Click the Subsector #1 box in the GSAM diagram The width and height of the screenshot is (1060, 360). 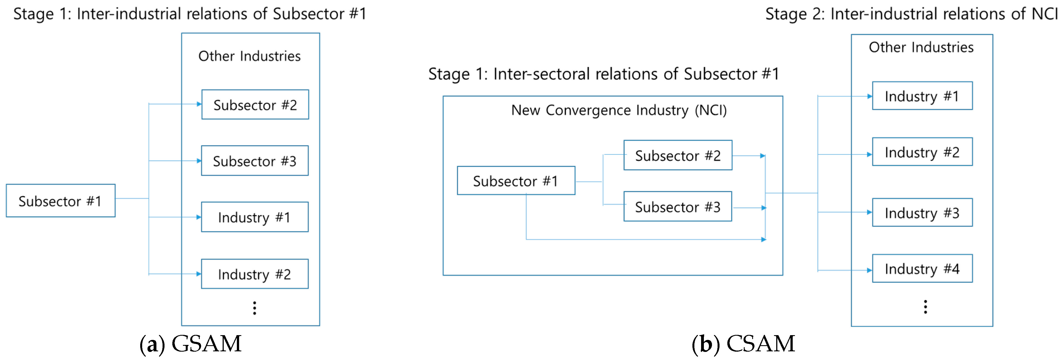tap(61, 201)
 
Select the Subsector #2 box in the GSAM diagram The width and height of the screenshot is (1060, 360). tap(255, 105)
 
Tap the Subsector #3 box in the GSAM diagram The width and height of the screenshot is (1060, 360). tap(255, 161)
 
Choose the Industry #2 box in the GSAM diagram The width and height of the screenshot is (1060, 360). tap(255, 274)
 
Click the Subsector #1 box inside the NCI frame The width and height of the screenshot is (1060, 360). tap(516, 181)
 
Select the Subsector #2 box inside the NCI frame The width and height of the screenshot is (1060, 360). tap(678, 156)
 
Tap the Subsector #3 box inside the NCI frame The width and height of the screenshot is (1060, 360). tap(678, 207)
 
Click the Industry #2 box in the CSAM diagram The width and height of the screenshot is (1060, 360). tap(922, 152)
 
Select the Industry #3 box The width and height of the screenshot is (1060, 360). tap(922, 213)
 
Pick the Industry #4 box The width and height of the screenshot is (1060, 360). tap(922, 269)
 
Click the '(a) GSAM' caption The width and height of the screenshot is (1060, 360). tap(190, 344)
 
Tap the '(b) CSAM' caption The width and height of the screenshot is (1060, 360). tap(743, 344)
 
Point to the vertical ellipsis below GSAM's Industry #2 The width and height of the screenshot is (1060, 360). tap(255, 308)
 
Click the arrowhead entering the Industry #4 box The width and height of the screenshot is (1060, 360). tap(870, 270)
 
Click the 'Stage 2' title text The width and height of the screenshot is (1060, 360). tap(911, 14)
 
